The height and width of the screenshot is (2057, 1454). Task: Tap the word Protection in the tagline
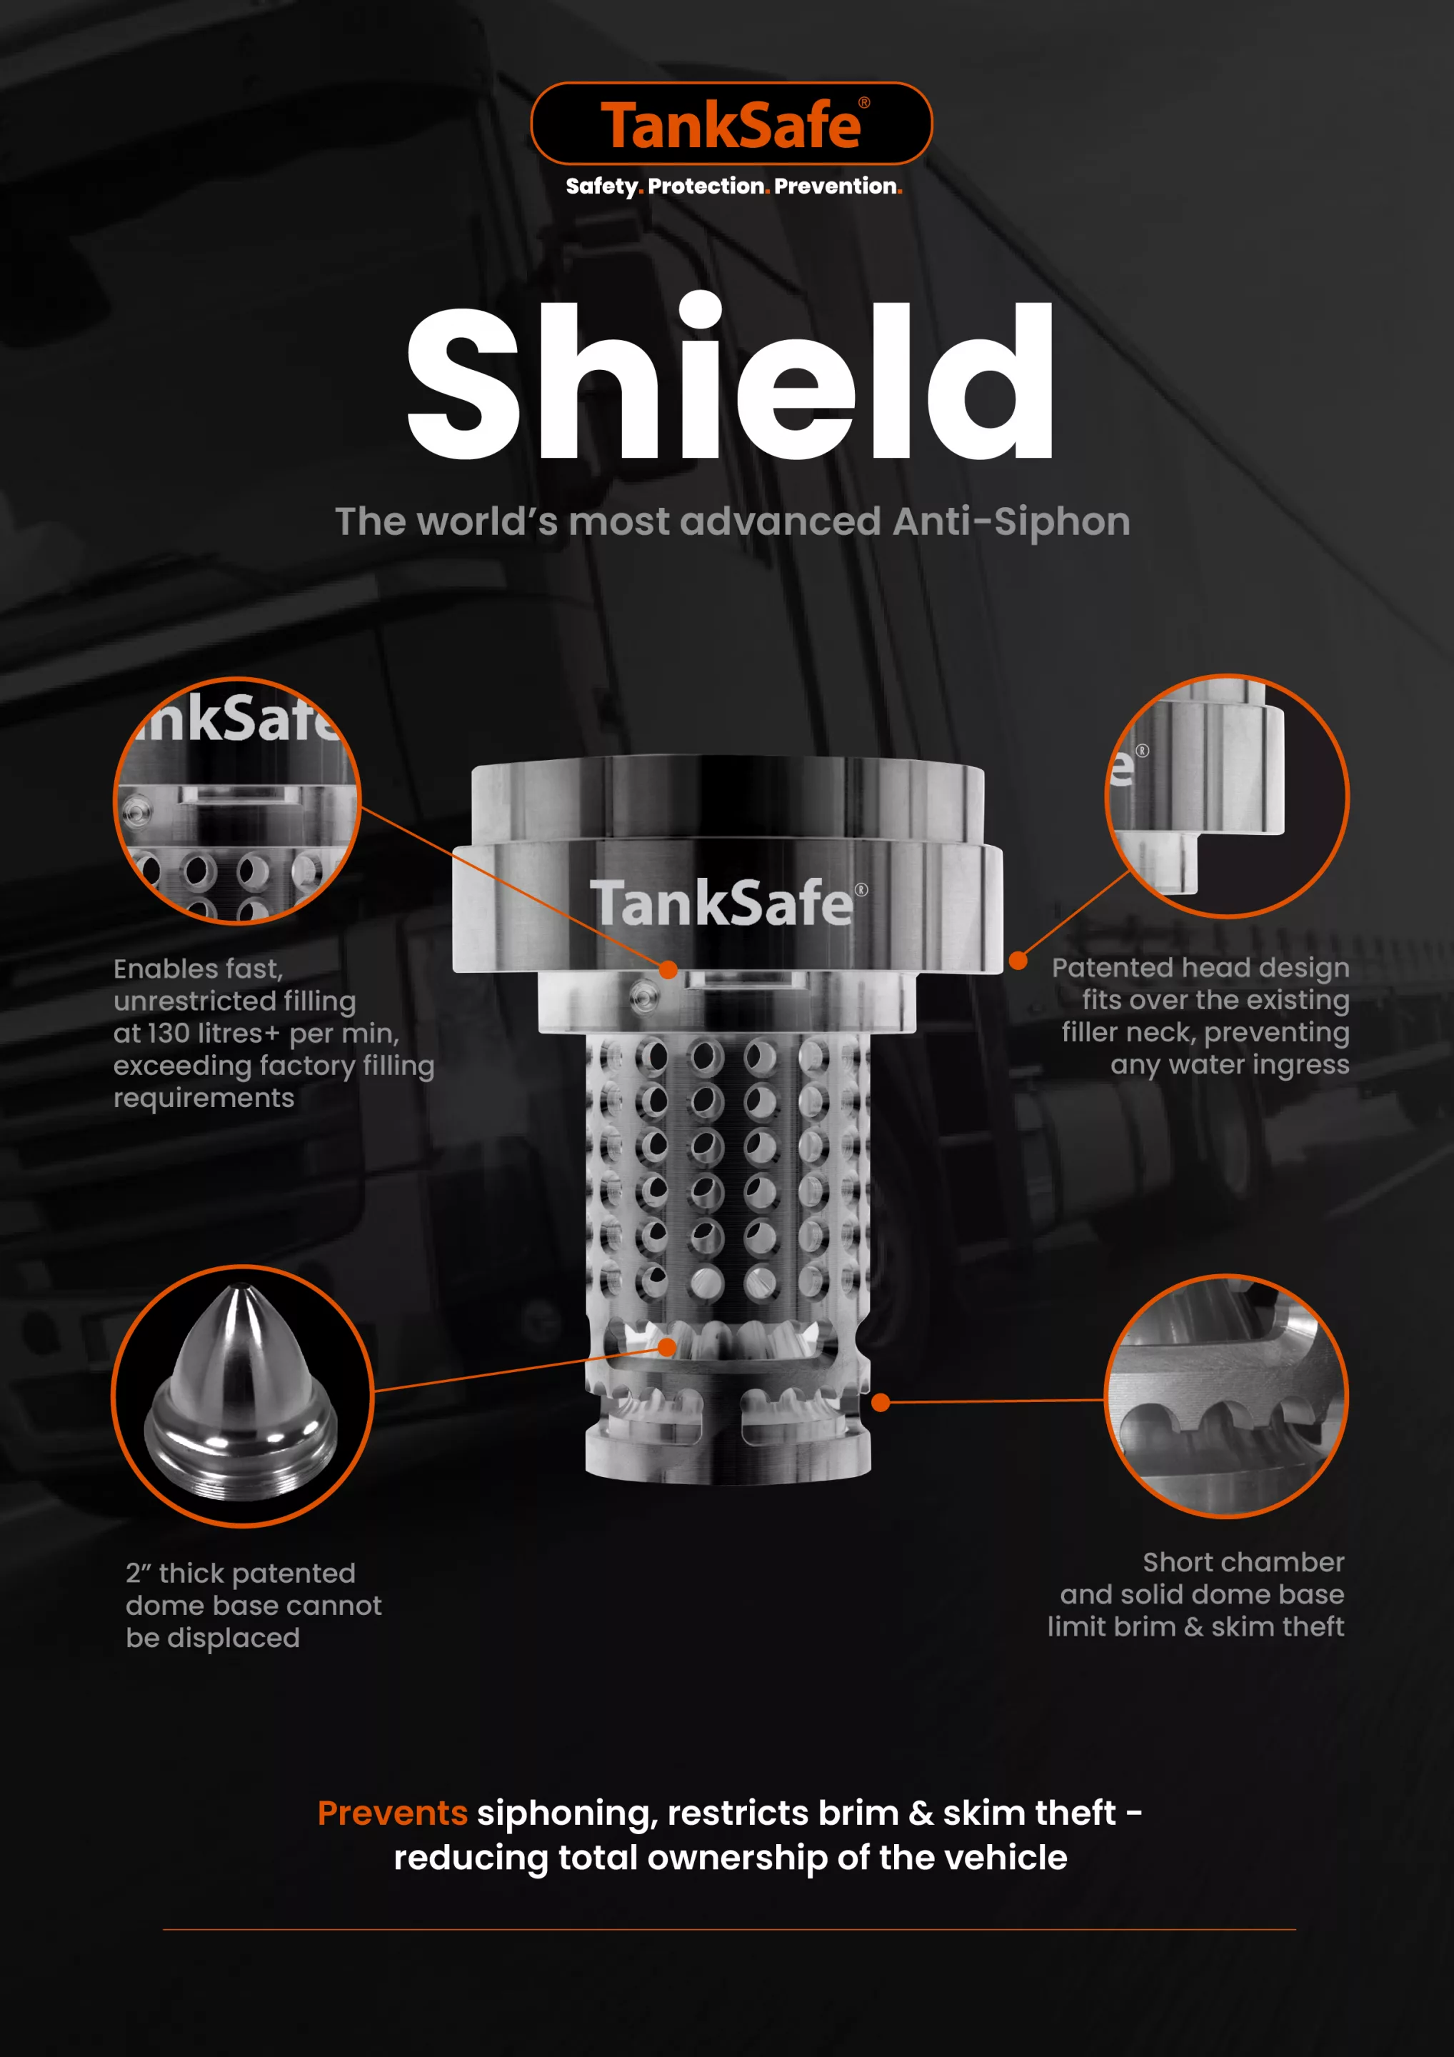tap(706, 186)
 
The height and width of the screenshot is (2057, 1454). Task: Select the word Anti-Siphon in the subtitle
tap(1011, 521)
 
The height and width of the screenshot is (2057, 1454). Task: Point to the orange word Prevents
tap(392, 1813)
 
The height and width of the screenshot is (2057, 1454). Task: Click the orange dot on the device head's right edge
tap(1018, 961)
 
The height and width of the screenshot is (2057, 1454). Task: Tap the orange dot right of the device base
tap(881, 1402)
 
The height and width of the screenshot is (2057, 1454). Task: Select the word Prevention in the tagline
tap(836, 186)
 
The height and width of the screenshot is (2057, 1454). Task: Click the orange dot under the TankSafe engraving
tap(668, 969)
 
